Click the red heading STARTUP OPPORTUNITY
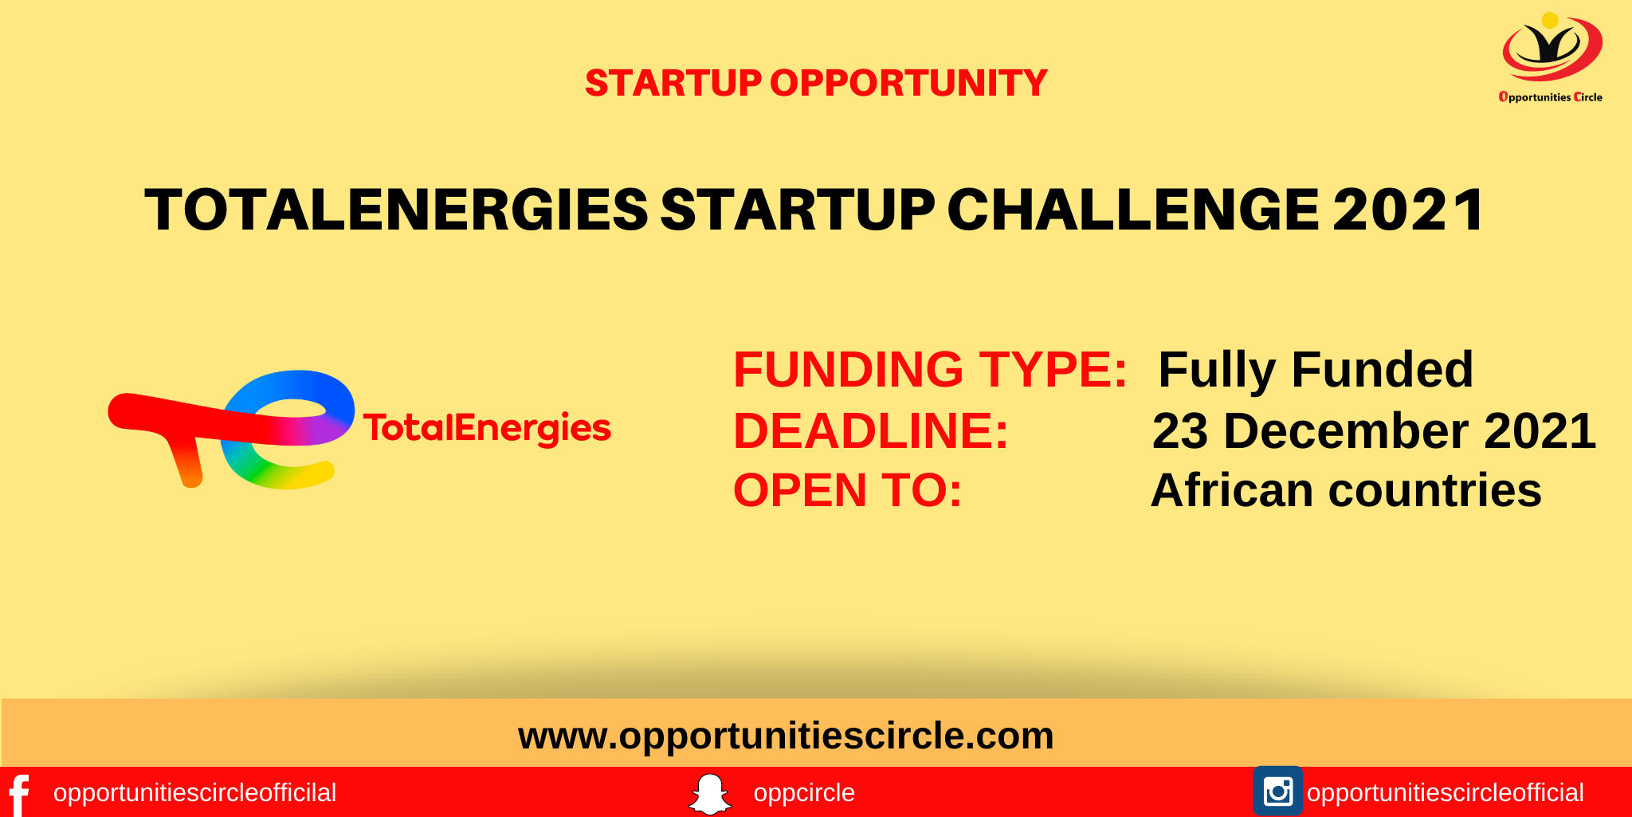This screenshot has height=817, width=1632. click(x=816, y=83)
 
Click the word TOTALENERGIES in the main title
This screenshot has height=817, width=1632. click(x=396, y=210)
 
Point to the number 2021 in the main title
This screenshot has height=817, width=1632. click(x=1408, y=210)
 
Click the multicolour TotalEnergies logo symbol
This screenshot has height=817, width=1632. click(x=231, y=429)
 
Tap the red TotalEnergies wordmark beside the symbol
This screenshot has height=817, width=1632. click(x=487, y=429)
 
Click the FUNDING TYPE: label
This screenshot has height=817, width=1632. click(x=930, y=370)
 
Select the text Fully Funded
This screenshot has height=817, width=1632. click(x=1316, y=371)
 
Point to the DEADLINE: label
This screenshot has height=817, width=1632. click(x=871, y=431)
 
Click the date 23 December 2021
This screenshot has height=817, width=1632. click(x=1374, y=431)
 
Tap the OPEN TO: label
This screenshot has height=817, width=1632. click(x=848, y=490)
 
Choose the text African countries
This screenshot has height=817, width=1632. click(x=1346, y=490)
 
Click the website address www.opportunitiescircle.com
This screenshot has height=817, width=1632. click(x=786, y=736)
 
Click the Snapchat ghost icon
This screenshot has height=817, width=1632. click(x=709, y=794)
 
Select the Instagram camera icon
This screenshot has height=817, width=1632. click(x=1277, y=791)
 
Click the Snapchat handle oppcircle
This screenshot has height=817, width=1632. click(x=804, y=793)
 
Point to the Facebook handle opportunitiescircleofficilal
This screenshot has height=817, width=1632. click(x=194, y=793)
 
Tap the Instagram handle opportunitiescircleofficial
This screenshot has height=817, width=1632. click(x=1446, y=793)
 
